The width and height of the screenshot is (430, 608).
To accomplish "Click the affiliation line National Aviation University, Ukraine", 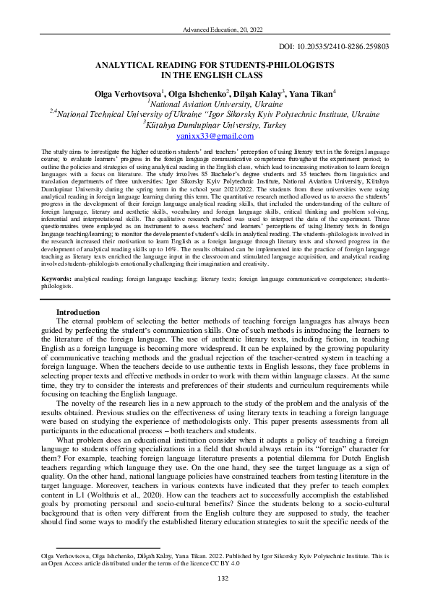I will click(216, 103).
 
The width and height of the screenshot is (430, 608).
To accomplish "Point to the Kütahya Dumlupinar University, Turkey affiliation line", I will click(216, 124).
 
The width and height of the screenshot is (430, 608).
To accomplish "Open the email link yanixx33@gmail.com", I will click(215, 135).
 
